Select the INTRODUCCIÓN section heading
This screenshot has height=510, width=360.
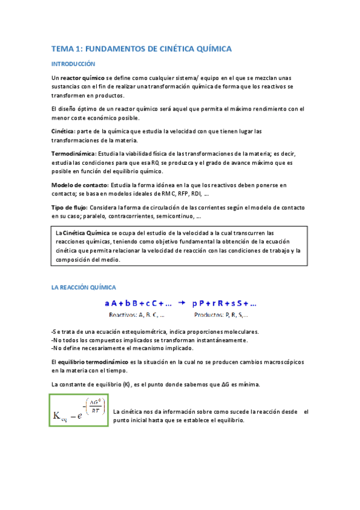[x=73, y=63]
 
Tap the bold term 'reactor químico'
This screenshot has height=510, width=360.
[x=82, y=78]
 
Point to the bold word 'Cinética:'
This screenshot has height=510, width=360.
[x=63, y=131]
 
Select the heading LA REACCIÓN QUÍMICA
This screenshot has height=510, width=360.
[x=84, y=287]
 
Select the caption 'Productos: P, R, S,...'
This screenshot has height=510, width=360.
[x=221, y=314]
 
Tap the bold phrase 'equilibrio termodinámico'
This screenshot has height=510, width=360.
[x=93, y=362]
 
